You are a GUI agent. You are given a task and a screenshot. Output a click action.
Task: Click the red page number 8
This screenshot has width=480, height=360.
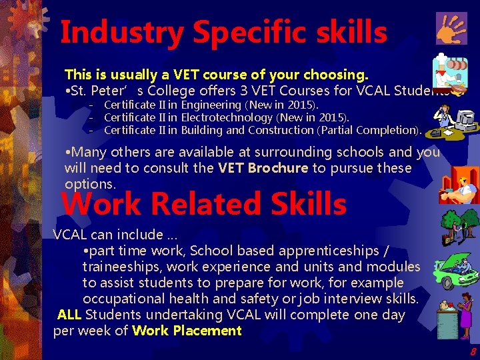[473, 351]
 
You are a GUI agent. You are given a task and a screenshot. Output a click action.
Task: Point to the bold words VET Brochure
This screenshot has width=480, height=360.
[263, 168]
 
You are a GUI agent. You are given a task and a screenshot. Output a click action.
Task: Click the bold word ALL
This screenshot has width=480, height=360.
[70, 315]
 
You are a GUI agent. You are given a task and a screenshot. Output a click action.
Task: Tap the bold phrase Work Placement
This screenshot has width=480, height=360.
[187, 331]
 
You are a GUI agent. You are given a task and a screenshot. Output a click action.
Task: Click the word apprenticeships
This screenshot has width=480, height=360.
[341, 251]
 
